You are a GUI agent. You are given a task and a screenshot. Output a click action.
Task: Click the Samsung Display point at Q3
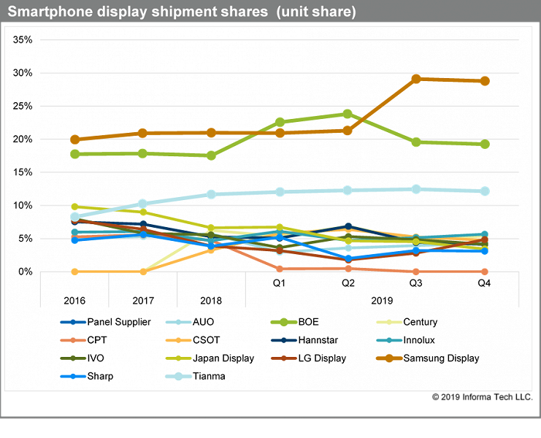coord(415,79)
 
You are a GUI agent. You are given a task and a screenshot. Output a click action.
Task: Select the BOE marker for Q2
coord(348,114)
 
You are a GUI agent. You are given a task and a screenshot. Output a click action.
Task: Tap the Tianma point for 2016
coord(75,217)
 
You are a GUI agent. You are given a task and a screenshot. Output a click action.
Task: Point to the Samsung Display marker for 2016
coord(75,139)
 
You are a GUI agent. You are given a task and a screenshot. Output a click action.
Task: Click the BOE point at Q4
coord(484,144)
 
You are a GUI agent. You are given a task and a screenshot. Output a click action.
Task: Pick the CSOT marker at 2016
coord(75,272)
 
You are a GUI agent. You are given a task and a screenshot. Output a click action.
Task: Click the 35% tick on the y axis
coord(23,39)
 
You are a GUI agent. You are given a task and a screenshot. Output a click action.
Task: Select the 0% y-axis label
coord(25,272)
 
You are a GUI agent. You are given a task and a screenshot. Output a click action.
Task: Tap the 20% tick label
coord(23,139)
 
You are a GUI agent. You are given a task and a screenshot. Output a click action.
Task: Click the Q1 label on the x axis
coord(279,283)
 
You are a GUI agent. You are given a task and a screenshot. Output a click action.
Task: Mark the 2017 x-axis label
coord(143,300)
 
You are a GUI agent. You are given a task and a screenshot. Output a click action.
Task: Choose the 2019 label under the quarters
coord(381,300)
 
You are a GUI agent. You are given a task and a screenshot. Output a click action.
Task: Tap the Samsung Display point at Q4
coord(484,81)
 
